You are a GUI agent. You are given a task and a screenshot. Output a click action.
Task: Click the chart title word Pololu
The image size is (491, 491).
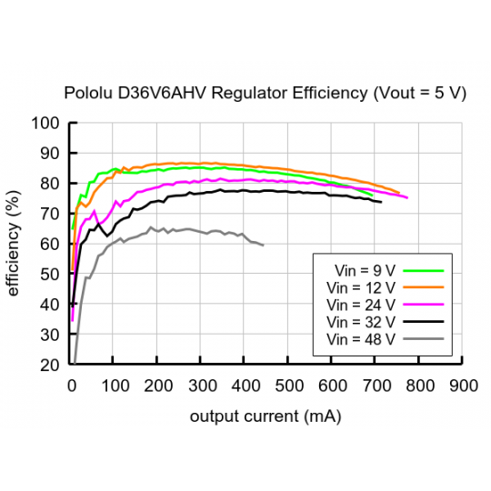click(84, 94)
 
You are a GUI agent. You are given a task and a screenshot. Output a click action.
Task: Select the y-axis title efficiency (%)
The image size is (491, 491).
click(14, 244)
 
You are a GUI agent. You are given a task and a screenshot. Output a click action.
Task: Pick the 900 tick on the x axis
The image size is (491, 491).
click(463, 385)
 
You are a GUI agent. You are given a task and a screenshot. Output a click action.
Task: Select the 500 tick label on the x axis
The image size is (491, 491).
click(288, 385)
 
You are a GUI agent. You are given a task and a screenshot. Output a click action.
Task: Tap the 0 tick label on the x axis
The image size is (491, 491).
click(72, 385)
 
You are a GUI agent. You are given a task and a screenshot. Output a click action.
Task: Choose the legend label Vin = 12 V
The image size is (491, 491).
click(361, 287)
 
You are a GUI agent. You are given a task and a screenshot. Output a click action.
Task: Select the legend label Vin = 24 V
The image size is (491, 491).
click(361, 305)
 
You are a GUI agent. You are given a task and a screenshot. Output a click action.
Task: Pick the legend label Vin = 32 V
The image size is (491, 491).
click(361, 322)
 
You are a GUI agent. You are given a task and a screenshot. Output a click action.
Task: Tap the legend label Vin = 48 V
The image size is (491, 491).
click(361, 339)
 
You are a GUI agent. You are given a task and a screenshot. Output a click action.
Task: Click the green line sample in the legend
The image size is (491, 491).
click(424, 270)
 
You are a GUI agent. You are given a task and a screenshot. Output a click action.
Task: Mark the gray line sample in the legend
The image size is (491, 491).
click(424, 339)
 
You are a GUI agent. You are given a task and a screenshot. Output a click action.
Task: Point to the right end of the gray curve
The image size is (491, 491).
click(264, 245)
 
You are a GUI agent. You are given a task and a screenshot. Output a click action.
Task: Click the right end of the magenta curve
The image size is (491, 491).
click(407, 197)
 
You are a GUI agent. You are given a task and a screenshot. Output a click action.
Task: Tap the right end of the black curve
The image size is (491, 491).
click(381, 202)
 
